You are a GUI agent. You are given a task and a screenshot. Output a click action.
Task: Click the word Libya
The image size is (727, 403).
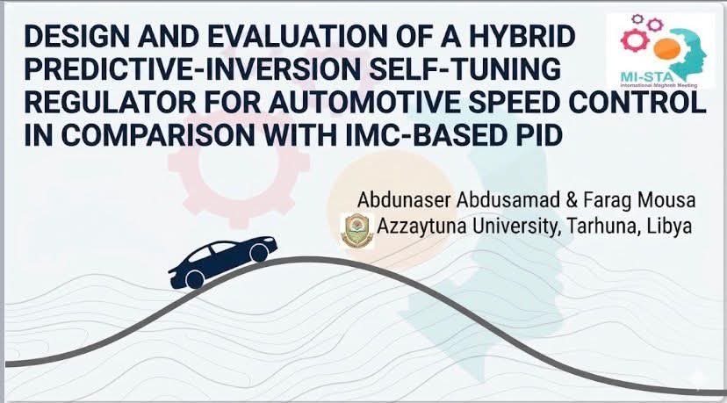670,226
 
